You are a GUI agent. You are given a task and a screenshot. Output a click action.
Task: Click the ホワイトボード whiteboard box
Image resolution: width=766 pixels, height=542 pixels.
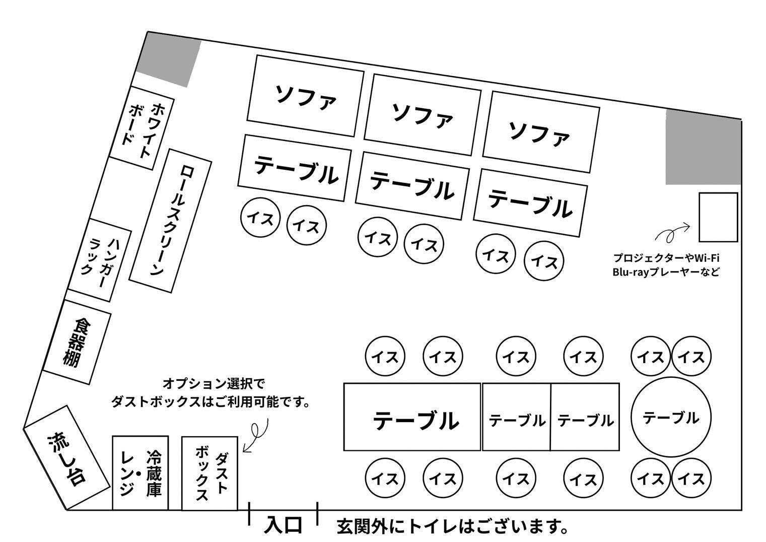[x=142, y=128]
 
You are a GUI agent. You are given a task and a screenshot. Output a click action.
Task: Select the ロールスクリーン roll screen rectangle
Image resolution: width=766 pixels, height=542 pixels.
[x=170, y=221]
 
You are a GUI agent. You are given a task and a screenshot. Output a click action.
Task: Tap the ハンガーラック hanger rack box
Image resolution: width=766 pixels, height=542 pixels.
[x=99, y=260]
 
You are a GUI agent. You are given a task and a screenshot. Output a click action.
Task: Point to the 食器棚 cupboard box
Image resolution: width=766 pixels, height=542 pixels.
[x=77, y=342]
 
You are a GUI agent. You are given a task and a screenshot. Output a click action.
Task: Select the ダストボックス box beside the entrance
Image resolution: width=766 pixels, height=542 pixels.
[x=210, y=473]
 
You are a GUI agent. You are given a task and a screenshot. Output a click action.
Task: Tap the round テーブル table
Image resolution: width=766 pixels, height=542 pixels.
[x=671, y=417]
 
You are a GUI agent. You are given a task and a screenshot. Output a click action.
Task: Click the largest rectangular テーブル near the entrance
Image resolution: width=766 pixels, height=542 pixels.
[x=412, y=417]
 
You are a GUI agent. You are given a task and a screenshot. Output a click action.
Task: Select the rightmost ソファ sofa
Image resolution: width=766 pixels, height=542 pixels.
[x=541, y=132]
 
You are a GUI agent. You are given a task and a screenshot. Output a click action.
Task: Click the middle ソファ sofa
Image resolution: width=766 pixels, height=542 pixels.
[x=422, y=115]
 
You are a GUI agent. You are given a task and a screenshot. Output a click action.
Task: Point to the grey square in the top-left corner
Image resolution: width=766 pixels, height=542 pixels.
[x=169, y=60]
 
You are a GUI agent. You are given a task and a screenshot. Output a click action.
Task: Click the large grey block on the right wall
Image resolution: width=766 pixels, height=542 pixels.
[x=704, y=147]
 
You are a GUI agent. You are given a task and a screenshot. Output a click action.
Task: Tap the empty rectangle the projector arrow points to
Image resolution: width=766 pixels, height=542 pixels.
[x=718, y=217]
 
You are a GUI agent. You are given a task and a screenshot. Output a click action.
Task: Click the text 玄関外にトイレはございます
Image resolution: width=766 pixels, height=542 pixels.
[x=453, y=526]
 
